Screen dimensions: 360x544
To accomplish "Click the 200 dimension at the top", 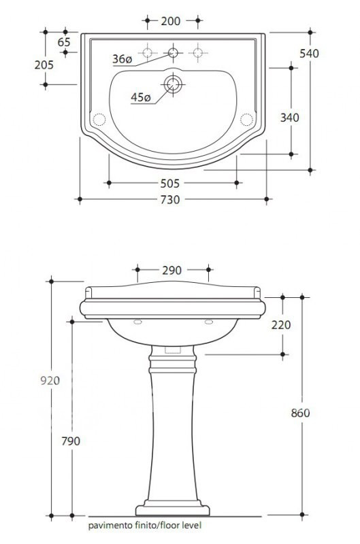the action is [x=170, y=21].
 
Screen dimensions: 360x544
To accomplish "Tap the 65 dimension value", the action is [x=64, y=42].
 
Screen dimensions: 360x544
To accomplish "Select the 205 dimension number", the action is [x=44, y=65].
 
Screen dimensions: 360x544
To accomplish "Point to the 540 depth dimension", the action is [x=309, y=54].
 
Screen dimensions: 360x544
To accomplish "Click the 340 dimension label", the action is [x=289, y=118].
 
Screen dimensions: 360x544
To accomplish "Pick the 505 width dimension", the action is [x=169, y=183].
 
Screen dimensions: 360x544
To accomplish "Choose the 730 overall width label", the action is [x=170, y=199].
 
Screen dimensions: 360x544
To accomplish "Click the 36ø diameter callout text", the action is [x=122, y=59].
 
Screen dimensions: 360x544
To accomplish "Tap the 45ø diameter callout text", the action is [x=141, y=97].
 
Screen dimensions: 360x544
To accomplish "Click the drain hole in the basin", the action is [x=173, y=84].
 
